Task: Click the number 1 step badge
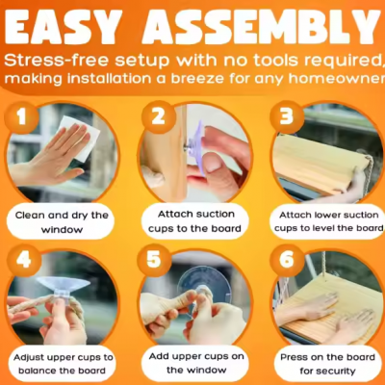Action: click(x=21, y=117)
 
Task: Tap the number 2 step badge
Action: click(x=159, y=117)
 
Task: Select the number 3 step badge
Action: click(x=287, y=116)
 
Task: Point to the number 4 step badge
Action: click(x=24, y=260)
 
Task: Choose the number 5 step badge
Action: click(x=154, y=260)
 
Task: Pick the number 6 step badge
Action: click(x=287, y=260)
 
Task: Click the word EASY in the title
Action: click(x=64, y=28)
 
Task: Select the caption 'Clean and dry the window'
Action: click(x=62, y=222)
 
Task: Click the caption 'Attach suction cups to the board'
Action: click(x=195, y=221)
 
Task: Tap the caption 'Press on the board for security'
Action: click(x=327, y=364)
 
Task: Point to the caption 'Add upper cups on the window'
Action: click(x=196, y=363)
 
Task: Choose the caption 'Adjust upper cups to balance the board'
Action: click(x=64, y=364)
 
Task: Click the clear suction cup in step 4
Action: click(x=64, y=288)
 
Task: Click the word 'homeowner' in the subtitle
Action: click(x=336, y=79)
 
